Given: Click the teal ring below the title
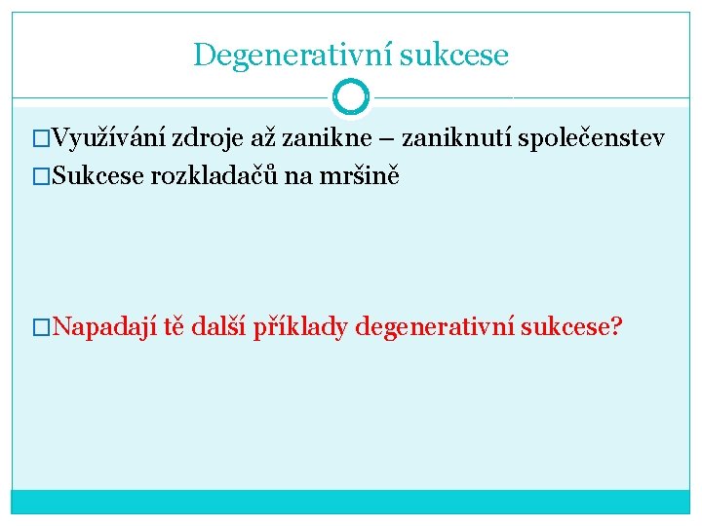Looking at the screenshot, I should tap(350, 96).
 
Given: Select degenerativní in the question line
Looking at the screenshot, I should tap(436, 326).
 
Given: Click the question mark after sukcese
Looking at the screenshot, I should tap(614, 326).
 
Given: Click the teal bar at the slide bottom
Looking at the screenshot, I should tap(350, 501).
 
